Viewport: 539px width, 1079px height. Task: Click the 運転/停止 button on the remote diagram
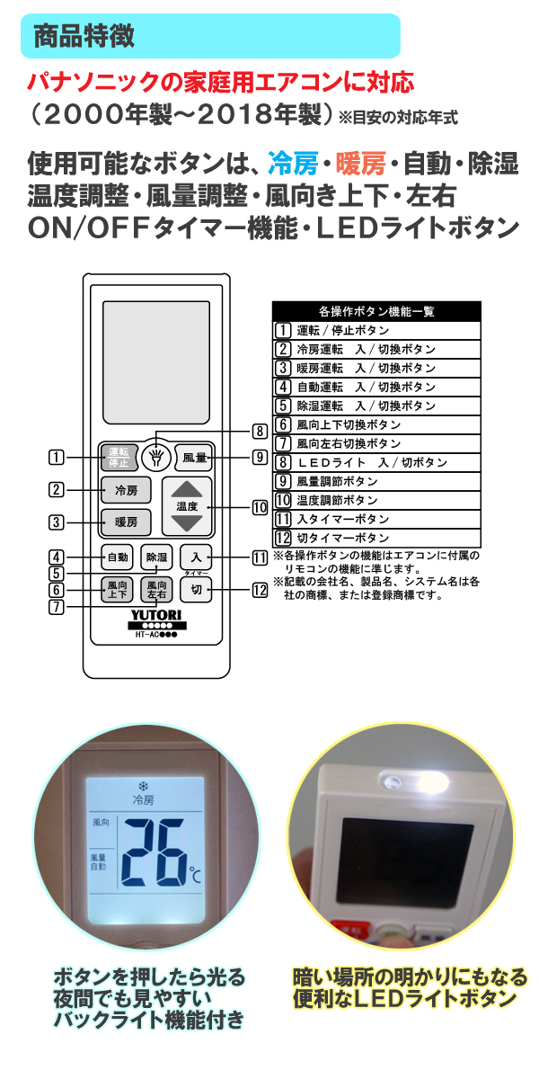pyautogui.click(x=119, y=457)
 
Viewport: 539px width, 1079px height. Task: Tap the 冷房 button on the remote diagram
pyautogui.click(x=126, y=490)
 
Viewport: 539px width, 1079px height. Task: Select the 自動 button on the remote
pyautogui.click(x=117, y=557)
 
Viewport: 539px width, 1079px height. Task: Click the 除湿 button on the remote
pyautogui.click(x=156, y=557)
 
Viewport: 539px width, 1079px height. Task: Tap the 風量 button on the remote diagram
pyautogui.click(x=194, y=457)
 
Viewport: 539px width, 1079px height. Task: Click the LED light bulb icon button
pyautogui.click(x=156, y=457)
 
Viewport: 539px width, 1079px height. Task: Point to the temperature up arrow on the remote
pyautogui.click(x=187, y=489)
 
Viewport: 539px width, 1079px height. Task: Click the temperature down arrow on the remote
pyautogui.click(x=187, y=523)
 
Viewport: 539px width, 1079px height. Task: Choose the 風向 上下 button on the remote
pyautogui.click(x=117, y=590)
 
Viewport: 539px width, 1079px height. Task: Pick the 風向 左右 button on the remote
pyautogui.click(x=156, y=590)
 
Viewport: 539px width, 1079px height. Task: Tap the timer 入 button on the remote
pyautogui.click(x=196, y=557)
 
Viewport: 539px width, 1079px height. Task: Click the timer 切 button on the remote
pyautogui.click(x=196, y=590)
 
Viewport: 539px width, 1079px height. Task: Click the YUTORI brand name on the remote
pyautogui.click(x=156, y=615)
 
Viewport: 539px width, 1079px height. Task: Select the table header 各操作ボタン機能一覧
pyautogui.click(x=376, y=311)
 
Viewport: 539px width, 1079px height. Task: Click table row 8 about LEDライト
pyautogui.click(x=376, y=462)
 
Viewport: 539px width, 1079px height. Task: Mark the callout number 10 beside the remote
pyautogui.click(x=260, y=507)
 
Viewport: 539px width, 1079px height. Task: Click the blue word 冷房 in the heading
pyautogui.click(x=293, y=164)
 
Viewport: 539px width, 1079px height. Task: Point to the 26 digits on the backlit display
pyautogui.click(x=153, y=852)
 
